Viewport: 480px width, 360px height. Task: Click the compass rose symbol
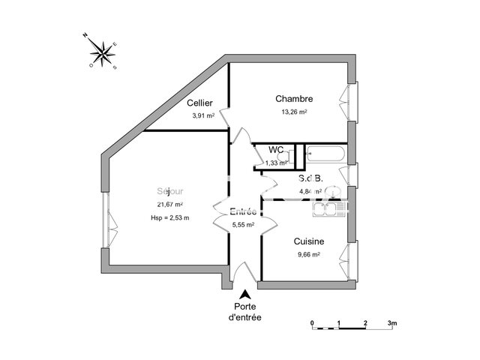pos(102,53)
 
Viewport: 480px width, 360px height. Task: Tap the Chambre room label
pos(294,99)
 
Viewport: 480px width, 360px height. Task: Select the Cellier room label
pos(199,103)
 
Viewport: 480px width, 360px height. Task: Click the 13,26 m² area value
pos(294,112)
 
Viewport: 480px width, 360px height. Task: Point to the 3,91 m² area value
pos(202,115)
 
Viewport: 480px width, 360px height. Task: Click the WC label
pos(275,150)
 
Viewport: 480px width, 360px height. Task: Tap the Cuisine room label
pos(309,241)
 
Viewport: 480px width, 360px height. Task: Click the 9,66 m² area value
pos(308,254)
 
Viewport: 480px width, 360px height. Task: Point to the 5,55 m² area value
pos(242,223)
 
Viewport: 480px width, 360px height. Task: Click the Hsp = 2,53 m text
pos(169,218)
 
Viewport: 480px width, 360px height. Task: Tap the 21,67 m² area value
pos(170,205)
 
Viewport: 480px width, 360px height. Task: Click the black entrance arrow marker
pos(244,292)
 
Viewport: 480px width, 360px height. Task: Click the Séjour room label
pos(169,191)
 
